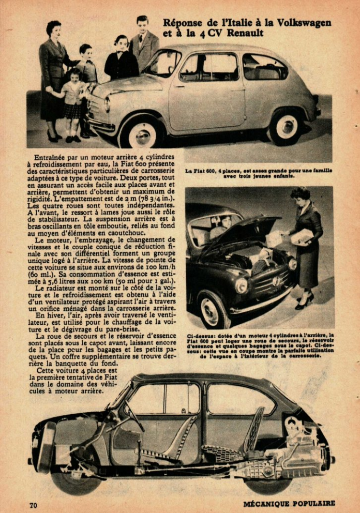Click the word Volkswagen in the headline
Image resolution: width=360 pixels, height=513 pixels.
pos(303,23)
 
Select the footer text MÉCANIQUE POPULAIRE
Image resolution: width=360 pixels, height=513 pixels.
pos(289,503)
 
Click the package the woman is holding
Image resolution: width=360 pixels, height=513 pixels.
pos(301,237)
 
